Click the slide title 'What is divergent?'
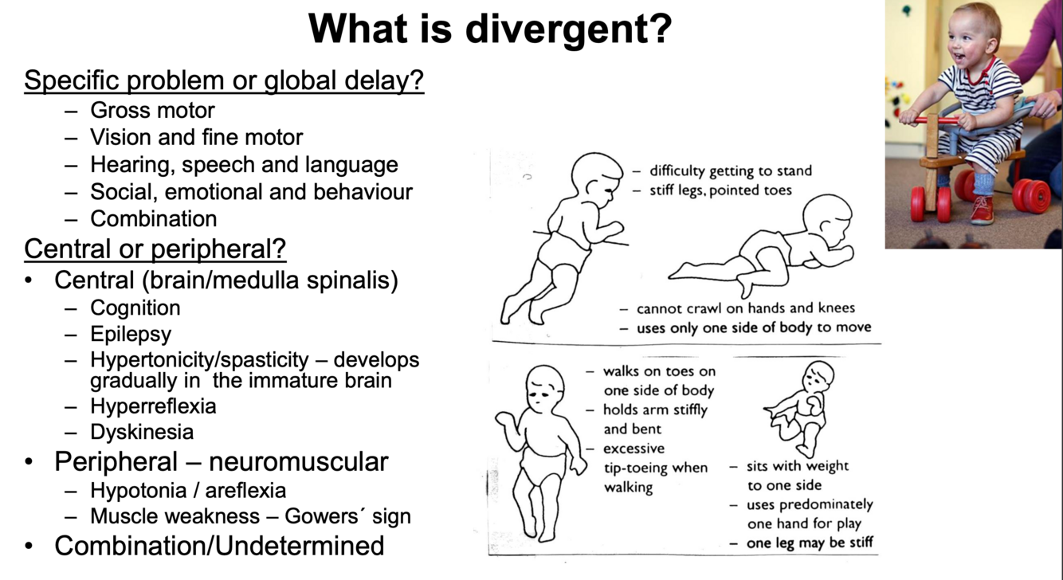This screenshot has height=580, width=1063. (x=490, y=29)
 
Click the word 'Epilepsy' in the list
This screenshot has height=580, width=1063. (x=130, y=334)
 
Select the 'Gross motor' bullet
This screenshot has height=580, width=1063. (x=152, y=110)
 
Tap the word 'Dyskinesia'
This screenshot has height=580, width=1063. (x=142, y=432)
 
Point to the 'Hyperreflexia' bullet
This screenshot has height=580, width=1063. (x=153, y=406)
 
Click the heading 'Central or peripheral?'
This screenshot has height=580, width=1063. (x=155, y=249)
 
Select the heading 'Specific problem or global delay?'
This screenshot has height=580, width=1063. (x=224, y=80)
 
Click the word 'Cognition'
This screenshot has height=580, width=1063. (x=135, y=308)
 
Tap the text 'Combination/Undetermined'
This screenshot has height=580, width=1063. (x=219, y=546)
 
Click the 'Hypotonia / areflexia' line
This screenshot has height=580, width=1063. (x=188, y=490)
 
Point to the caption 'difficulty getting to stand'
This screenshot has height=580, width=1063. (x=730, y=170)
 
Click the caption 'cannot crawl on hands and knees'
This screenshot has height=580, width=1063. (x=745, y=308)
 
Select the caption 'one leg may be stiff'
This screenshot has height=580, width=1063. (x=810, y=543)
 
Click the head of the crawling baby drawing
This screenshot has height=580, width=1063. (x=826, y=217)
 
